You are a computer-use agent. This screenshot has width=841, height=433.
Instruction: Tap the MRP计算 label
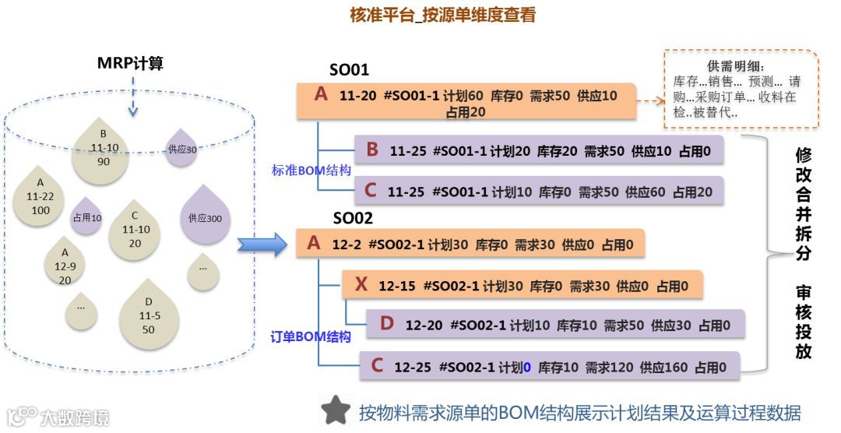(x=130, y=63)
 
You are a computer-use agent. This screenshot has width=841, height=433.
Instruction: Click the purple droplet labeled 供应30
(x=181, y=149)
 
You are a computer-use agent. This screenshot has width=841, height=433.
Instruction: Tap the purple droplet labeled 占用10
(x=86, y=217)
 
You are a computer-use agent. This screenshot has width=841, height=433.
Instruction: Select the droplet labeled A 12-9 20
(x=65, y=267)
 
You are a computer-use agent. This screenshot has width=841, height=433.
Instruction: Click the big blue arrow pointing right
(x=262, y=245)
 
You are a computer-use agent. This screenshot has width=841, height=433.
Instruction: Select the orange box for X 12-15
(x=523, y=286)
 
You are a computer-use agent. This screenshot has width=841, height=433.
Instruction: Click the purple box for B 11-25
(x=539, y=150)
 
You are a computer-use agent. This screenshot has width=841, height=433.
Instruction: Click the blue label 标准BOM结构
(x=311, y=170)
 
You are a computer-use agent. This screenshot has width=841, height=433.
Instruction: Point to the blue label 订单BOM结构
(x=310, y=337)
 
